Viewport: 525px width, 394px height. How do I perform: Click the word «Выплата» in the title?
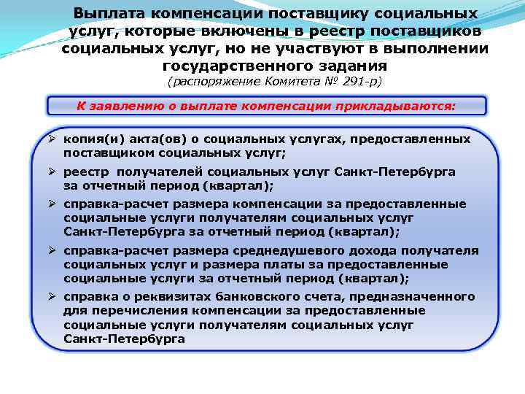[x=109, y=14]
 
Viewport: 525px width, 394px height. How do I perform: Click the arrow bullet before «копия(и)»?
[x=54, y=139]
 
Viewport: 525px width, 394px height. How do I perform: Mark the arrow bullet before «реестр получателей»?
[x=54, y=171]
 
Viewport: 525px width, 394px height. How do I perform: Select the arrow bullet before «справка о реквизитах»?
[x=54, y=297]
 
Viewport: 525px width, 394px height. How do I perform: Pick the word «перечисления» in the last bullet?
[x=124, y=311]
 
